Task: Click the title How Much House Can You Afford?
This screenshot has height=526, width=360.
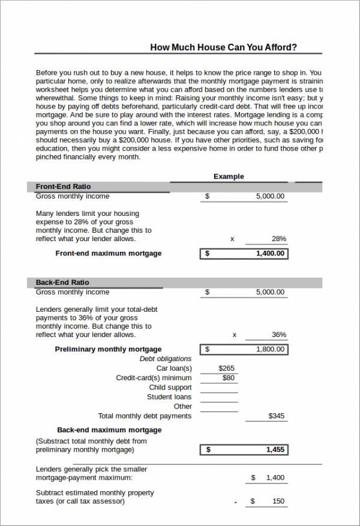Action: [x=223, y=47]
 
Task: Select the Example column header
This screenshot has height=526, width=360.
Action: [x=229, y=176]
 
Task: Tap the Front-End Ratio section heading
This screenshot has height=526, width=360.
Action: [x=63, y=187]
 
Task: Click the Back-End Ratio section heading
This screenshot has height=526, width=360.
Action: [x=62, y=282]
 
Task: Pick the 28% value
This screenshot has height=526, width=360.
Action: [x=278, y=239]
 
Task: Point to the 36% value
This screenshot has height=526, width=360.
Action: [x=278, y=335]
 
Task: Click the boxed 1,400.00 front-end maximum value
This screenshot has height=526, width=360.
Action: [x=272, y=254]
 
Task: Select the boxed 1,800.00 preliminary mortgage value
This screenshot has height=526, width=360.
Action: [x=272, y=349]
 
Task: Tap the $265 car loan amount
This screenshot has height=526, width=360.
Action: [x=227, y=368]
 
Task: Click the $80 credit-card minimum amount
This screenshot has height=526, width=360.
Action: [x=229, y=378]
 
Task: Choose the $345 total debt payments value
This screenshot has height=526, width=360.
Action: [x=277, y=416]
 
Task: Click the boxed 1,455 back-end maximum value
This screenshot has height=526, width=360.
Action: [x=275, y=449]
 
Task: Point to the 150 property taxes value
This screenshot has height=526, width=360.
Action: [x=278, y=501]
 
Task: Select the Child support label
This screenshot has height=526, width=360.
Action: [x=170, y=387]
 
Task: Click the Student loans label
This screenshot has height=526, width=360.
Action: [x=169, y=397]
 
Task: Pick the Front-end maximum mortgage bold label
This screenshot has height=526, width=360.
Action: [x=109, y=254]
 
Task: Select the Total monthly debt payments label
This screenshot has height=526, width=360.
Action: [x=145, y=416]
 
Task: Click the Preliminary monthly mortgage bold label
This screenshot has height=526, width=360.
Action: [x=108, y=349]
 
